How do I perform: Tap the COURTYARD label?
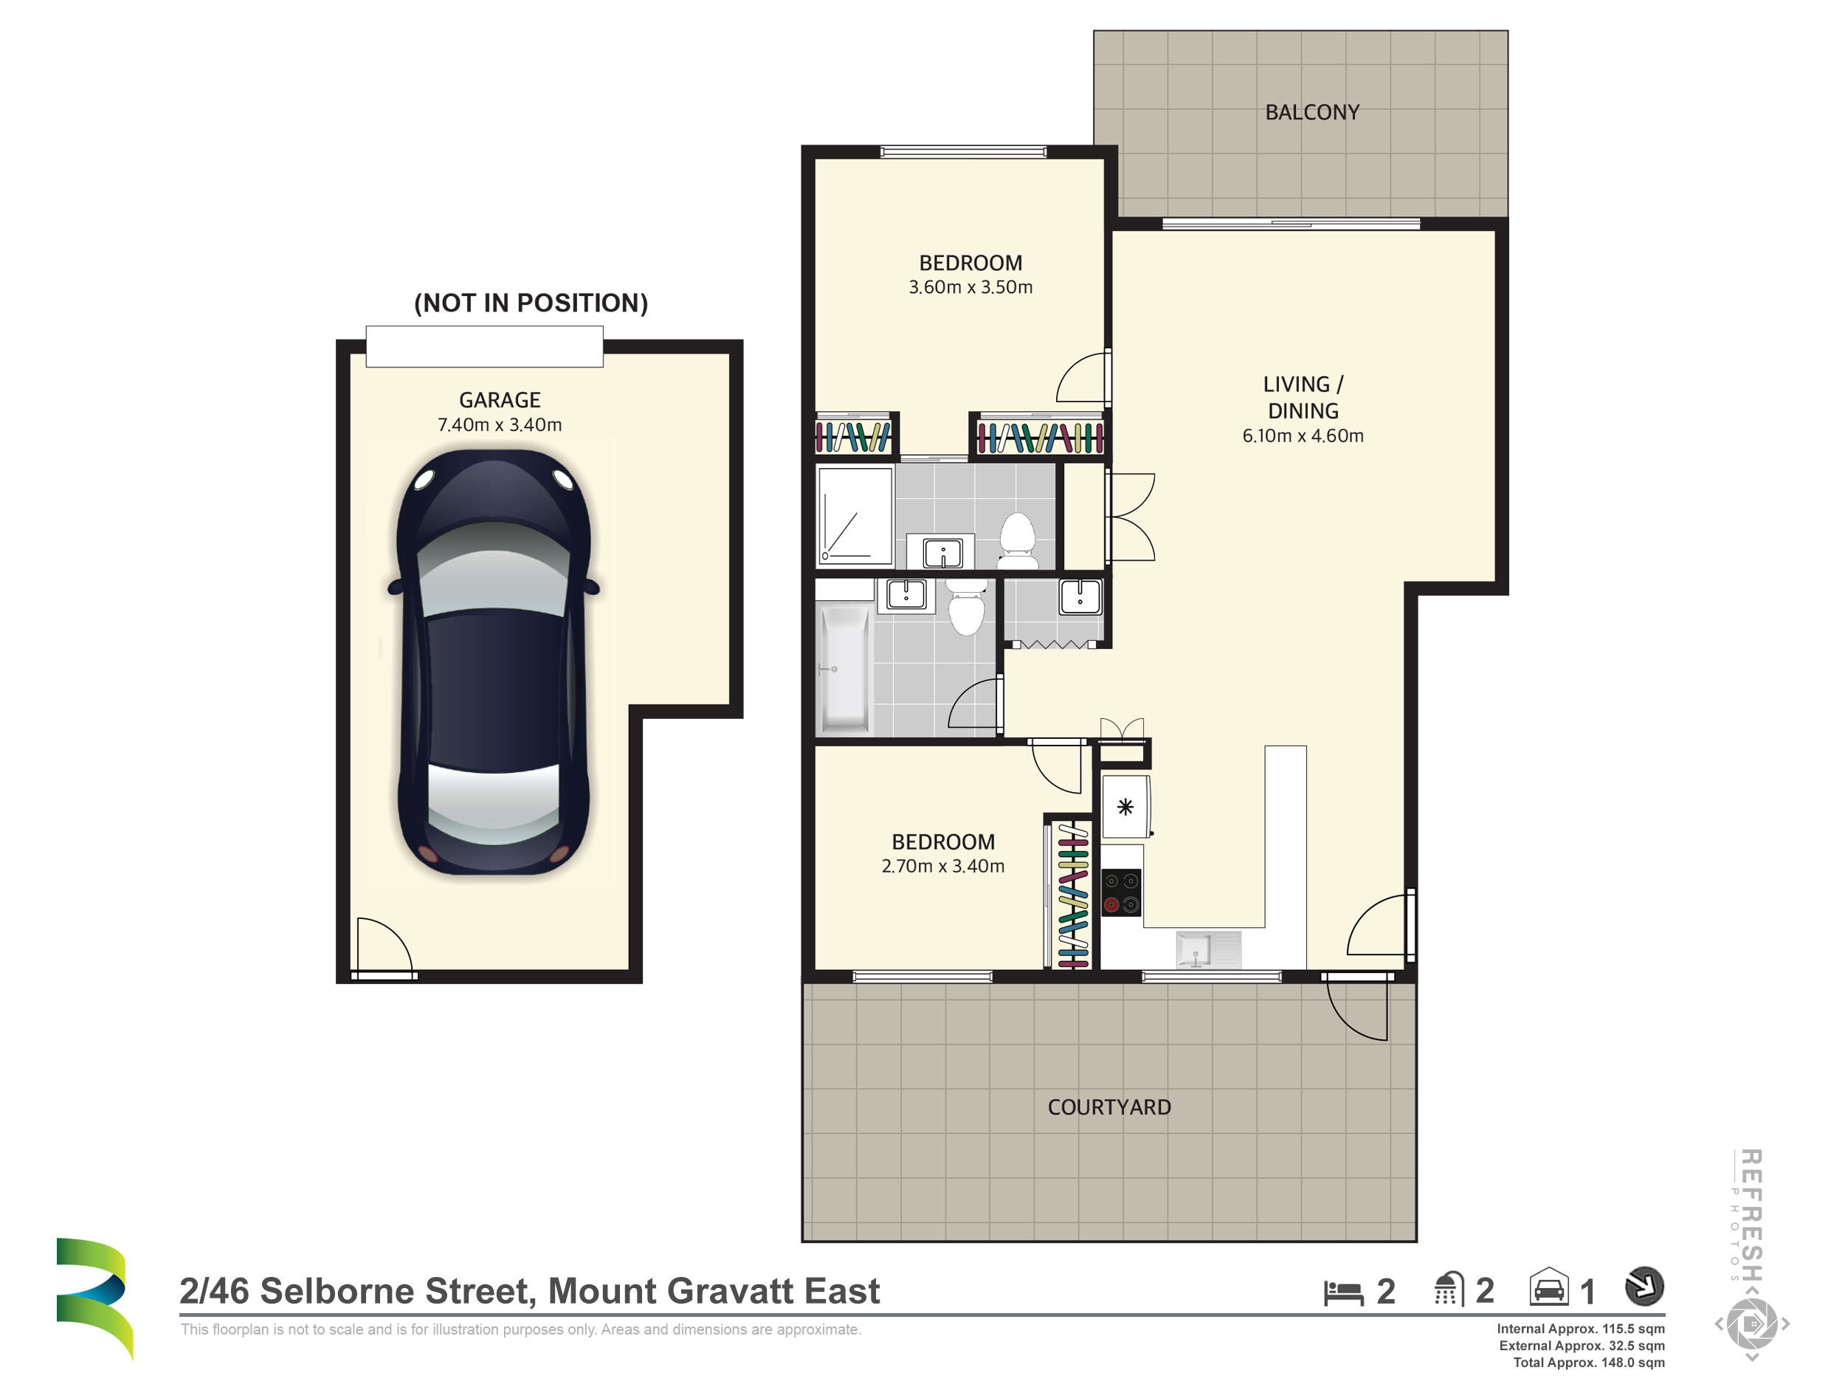coord(1109,1107)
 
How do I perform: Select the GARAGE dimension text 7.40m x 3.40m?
coord(500,424)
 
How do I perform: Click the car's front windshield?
coord(494,571)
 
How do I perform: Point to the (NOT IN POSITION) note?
coord(531,303)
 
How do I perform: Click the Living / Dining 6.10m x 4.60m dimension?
coord(1303,435)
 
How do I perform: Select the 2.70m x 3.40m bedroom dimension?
coord(942,866)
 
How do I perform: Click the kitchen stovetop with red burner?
coord(1122,892)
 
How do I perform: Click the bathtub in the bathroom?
coord(846,669)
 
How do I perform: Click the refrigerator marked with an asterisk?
coord(1126,807)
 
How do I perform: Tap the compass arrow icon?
coord(1644,1287)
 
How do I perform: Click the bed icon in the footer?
coord(1343,1292)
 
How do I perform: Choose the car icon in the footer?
coord(1549,1287)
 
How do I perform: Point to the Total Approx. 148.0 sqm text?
coord(1589,1363)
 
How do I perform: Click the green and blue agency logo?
coord(94,1297)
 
